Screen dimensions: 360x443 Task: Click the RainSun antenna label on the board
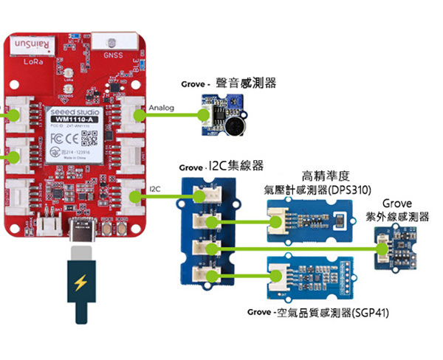pos(32,45)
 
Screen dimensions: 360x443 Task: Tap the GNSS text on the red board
pos(113,55)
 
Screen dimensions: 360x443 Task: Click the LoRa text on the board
pos(33,61)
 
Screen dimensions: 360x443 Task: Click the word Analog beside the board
pos(161,108)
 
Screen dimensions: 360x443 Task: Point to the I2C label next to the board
pos(154,190)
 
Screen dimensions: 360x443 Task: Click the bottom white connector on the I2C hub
pos(201,274)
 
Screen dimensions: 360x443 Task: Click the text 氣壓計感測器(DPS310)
pos(317,189)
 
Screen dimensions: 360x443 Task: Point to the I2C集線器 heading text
pos(237,165)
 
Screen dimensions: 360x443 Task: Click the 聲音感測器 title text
pos(246,84)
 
